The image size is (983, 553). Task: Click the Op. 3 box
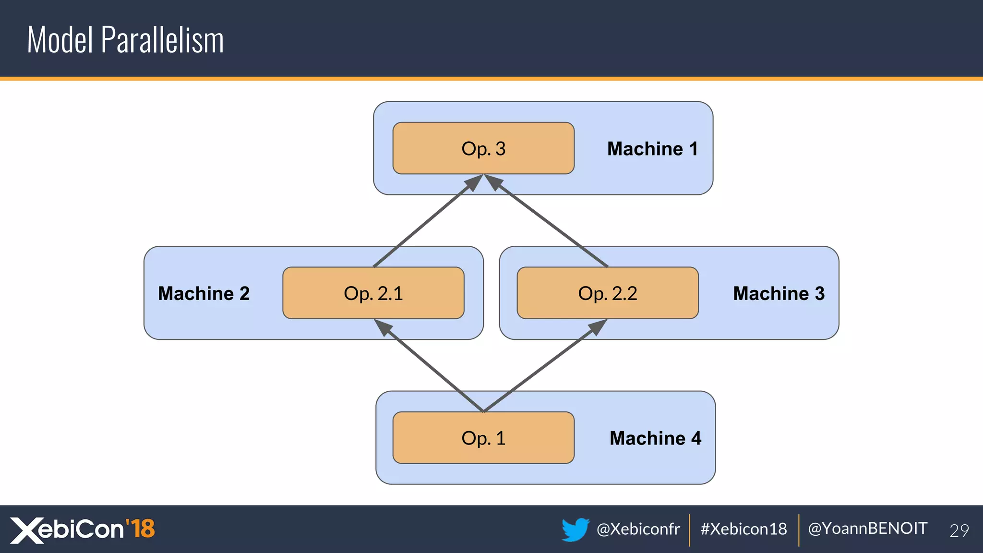pyautogui.click(x=483, y=148)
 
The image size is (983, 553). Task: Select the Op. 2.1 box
pyautogui.click(x=373, y=293)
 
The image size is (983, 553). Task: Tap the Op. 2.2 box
pyautogui.click(x=608, y=293)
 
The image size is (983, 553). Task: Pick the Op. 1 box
pyautogui.click(x=483, y=438)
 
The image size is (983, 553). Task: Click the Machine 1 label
pyautogui.click(x=652, y=149)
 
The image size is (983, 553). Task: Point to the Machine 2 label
pyautogui.click(x=204, y=293)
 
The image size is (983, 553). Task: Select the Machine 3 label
pyautogui.click(x=779, y=293)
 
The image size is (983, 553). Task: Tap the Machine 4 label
pyautogui.click(x=655, y=438)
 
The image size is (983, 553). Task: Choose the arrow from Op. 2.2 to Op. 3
pyautogui.click(x=547, y=221)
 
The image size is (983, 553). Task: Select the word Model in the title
pyautogui.click(x=60, y=40)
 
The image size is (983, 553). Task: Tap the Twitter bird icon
pyautogui.click(x=575, y=529)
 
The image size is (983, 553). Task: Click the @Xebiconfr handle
pyautogui.click(x=638, y=529)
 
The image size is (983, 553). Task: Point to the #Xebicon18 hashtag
pyautogui.click(x=743, y=529)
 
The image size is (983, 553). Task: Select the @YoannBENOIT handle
pyautogui.click(x=867, y=529)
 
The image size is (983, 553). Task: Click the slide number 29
pyautogui.click(x=959, y=530)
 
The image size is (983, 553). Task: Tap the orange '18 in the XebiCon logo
pyautogui.click(x=140, y=529)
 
